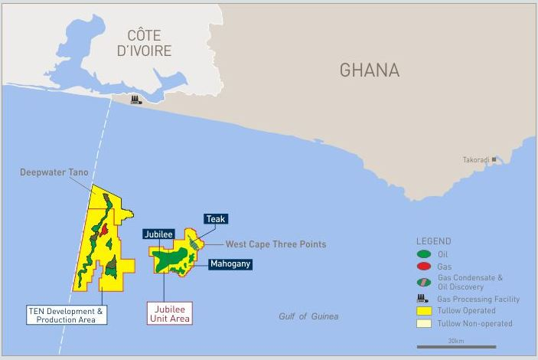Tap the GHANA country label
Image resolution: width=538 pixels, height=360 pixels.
click(x=370, y=70)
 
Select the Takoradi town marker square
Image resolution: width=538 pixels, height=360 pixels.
click(x=494, y=159)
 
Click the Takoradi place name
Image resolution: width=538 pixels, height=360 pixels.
click(x=476, y=160)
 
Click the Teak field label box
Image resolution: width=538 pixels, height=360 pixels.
click(x=216, y=219)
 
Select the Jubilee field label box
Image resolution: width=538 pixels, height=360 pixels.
click(x=158, y=234)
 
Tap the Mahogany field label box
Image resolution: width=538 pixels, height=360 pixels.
click(x=230, y=263)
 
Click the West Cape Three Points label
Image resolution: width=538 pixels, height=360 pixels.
click(x=276, y=244)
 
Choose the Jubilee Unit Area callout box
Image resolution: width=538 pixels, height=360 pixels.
click(x=169, y=313)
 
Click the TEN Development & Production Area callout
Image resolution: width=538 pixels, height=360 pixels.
click(x=67, y=315)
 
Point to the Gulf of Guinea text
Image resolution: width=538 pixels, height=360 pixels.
click(x=308, y=316)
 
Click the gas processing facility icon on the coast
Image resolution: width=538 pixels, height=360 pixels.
click(x=136, y=100)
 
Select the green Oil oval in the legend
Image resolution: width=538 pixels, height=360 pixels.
click(x=423, y=254)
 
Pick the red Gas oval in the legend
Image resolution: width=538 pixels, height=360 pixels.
click(x=423, y=266)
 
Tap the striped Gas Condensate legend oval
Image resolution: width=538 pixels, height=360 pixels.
click(x=423, y=282)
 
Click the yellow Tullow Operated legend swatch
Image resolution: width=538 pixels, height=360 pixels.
click(x=423, y=311)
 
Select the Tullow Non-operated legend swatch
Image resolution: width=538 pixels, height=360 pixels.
click(x=423, y=324)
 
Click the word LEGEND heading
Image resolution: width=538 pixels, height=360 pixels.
click(x=434, y=241)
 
